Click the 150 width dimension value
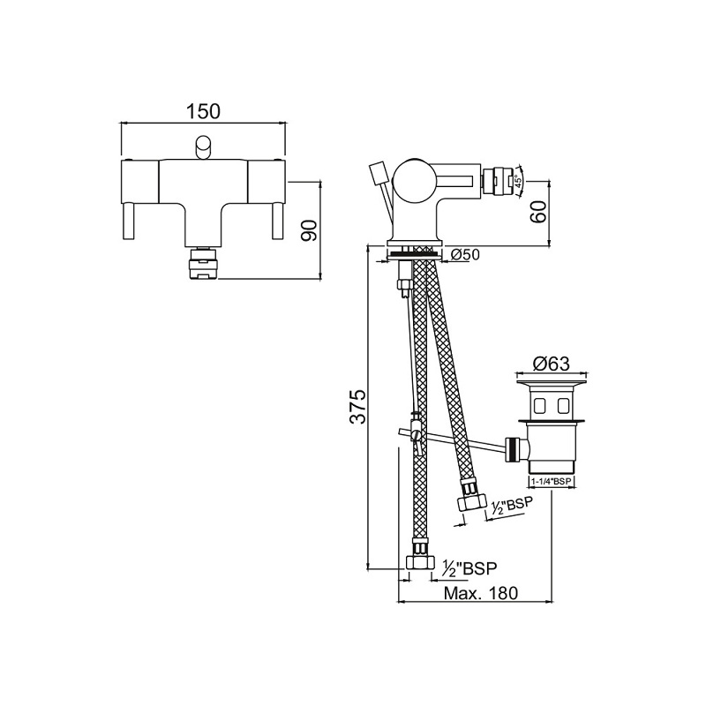click(204, 111)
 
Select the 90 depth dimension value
click(310, 231)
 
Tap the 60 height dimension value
click(538, 211)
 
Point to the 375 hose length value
click(358, 407)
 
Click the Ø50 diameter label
click(465, 255)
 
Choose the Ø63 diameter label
click(552, 364)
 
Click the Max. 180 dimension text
click(480, 593)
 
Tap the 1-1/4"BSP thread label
click(552, 481)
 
